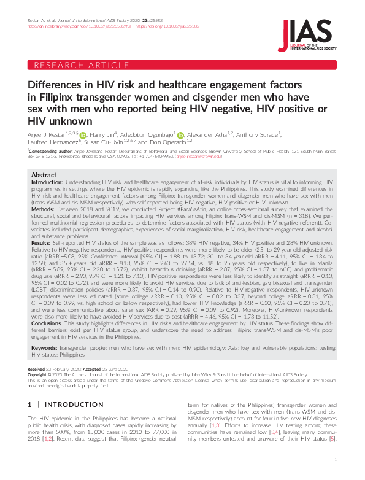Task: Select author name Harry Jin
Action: click(x=102, y=133)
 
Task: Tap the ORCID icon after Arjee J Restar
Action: click(x=83, y=134)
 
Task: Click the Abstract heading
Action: click(x=44, y=175)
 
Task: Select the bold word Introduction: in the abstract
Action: click(x=47, y=182)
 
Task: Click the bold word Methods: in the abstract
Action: click(x=43, y=209)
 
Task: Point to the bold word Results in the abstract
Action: click(x=40, y=242)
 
